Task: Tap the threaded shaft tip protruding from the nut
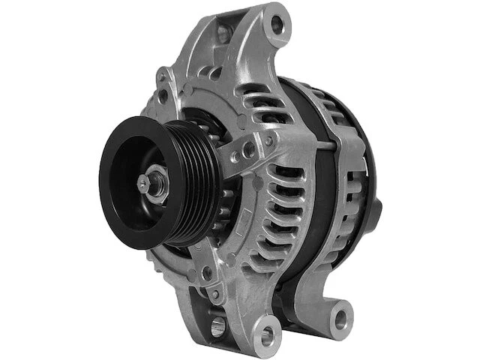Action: tap(142, 181)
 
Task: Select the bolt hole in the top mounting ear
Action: tap(277, 25)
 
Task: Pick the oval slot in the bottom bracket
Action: tap(217, 325)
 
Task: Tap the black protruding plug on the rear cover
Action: tap(375, 206)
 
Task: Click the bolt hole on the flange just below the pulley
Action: tap(207, 274)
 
